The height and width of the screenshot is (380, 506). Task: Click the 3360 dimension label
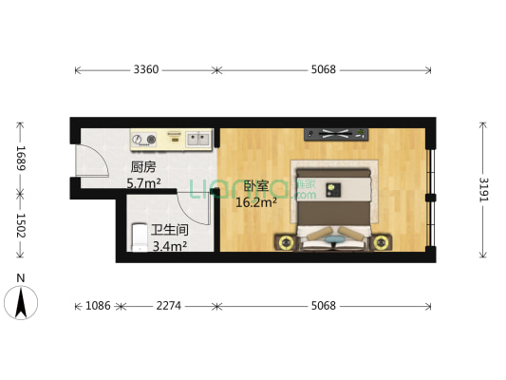coord(145,69)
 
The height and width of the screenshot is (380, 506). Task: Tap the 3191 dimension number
coord(483,191)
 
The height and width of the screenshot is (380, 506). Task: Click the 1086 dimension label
coord(98,306)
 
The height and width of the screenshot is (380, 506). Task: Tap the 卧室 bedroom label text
coord(254,187)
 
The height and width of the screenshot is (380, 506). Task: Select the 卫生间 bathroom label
coord(169,229)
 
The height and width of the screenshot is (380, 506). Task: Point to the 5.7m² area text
coord(144,182)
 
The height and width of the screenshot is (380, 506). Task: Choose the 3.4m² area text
coord(169,245)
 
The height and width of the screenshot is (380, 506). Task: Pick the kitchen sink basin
coord(198,139)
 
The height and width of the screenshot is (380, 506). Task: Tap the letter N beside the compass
coord(20,278)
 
